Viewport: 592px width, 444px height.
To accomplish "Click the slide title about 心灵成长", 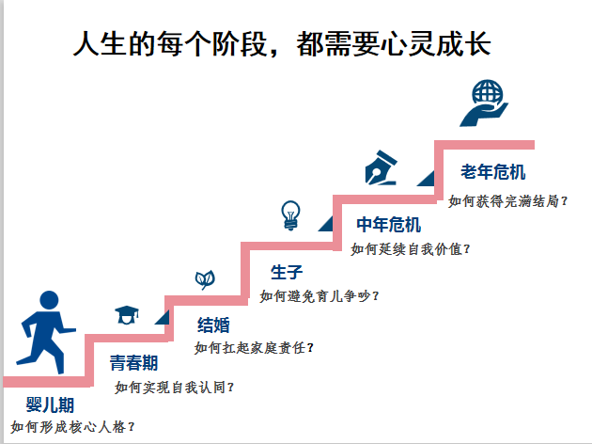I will [282, 44].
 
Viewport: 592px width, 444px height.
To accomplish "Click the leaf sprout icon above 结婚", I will [204, 278].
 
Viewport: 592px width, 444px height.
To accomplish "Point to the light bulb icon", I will [290, 214].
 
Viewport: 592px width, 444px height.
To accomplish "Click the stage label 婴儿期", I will [50, 405].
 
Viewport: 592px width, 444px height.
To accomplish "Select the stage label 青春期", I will [133, 363].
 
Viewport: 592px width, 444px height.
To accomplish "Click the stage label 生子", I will [287, 273].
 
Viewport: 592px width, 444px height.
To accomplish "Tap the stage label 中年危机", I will [388, 225].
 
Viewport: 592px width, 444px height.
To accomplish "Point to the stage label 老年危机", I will [492, 173].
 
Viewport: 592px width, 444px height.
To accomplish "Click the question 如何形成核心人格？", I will [73, 427].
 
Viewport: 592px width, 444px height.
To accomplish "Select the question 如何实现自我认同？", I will [175, 387].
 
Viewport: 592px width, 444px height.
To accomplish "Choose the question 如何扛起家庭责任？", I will [254, 347].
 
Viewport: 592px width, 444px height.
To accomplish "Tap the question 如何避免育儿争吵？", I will [320, 295].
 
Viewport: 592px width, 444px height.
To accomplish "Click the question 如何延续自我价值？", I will [411, 248].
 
